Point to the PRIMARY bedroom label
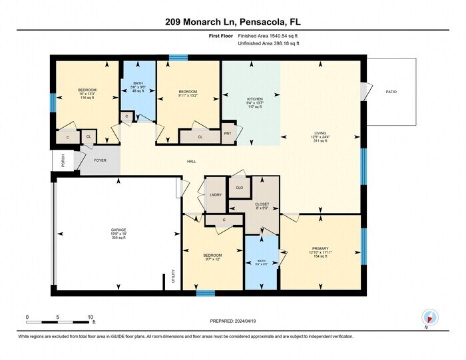[x=320, y=248]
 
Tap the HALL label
[x=191, y=161]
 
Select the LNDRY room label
[x=215, y=194]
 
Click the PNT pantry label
[x=227, y=133]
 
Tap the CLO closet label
[x=239, y=188]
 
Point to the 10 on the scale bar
[x=90, y=317]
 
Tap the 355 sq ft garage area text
[x=118, y=238]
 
